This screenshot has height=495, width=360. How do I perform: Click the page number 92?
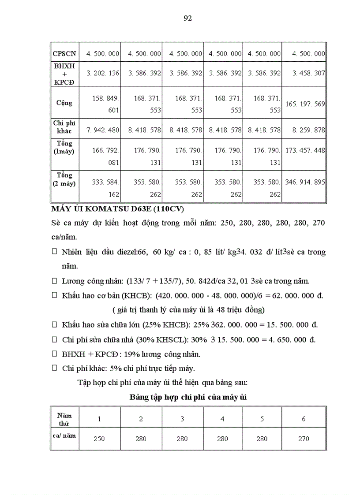(187, 18)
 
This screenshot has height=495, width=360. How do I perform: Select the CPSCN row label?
(64, 54)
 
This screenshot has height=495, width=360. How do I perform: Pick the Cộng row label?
(64, 103)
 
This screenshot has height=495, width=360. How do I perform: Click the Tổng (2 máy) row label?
(64, 179)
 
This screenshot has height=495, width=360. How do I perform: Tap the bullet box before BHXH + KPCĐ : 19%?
(55, 354)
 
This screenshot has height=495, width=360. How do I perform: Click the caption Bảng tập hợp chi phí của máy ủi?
(188, 397)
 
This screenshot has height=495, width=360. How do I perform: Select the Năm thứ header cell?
(64, 419)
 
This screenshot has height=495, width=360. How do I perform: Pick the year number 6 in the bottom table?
(304, 419)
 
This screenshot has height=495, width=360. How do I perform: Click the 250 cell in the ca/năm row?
(99, 439)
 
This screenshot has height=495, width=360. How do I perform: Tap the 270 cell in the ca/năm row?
(304, 439)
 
